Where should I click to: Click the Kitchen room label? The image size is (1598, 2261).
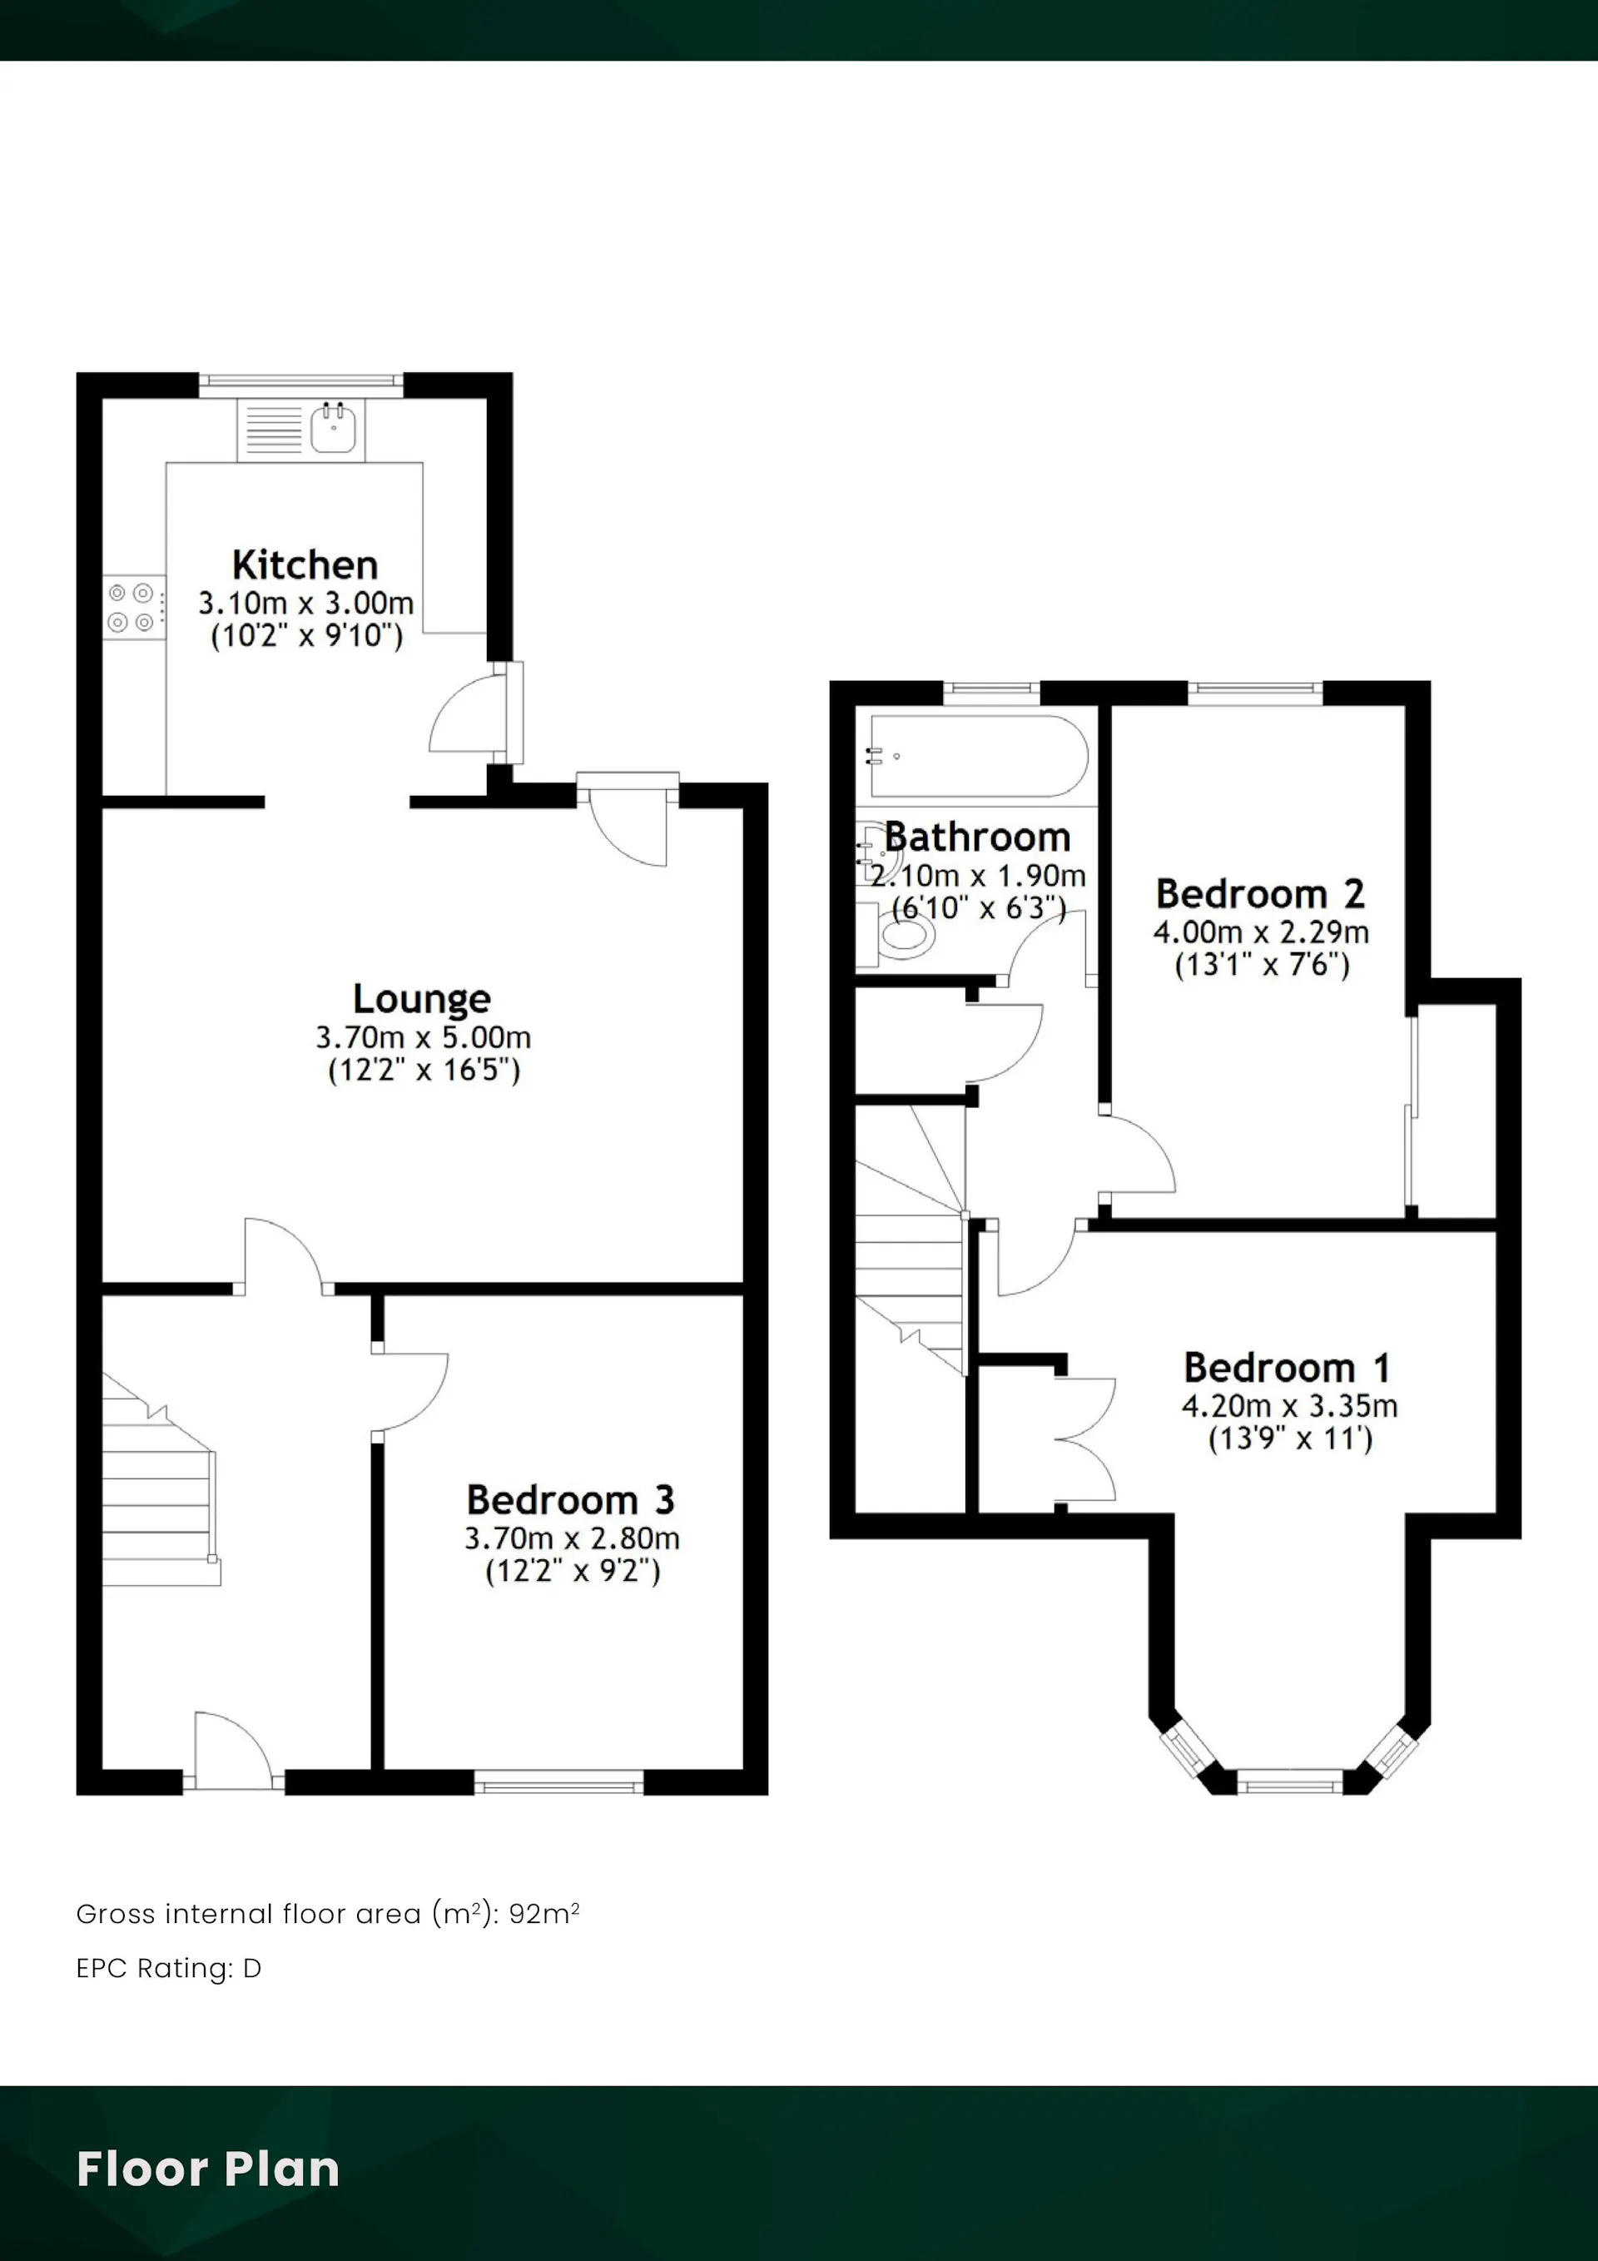[305, 565]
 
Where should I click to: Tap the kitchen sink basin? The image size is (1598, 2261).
[334, 430]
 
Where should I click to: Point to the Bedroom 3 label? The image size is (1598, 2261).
[570, 1500]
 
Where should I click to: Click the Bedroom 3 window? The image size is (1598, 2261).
[559, 1781]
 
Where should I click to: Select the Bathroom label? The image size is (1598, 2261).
[977, 837]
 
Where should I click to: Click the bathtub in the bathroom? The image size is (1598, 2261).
[977, 755]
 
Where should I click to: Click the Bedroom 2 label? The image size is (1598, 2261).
[1260, 894]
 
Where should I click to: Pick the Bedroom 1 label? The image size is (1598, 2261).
[1287, 1368]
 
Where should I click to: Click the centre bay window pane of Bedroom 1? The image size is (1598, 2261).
[1289, 1781]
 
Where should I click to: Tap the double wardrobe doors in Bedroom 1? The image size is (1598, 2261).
[1085, 1439]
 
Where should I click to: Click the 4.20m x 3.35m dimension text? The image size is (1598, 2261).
[1290, 1405]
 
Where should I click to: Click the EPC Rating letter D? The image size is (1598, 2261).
[252, 1969]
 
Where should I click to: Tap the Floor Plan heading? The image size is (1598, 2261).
[208, 2169]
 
